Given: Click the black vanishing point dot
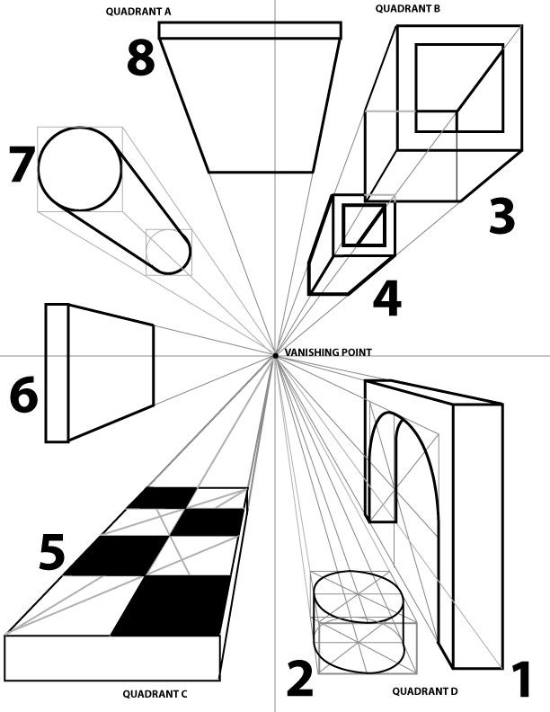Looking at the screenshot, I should point(275,357).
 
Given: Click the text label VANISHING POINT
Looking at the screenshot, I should point(328,352).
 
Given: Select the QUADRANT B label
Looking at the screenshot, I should point(406,8).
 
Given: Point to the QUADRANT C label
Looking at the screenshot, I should point(155,693).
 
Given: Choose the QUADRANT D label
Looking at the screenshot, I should point(425,691).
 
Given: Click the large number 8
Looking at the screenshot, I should point(140,58).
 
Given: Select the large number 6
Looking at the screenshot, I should point(23,396).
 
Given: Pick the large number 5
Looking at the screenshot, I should point(52,554).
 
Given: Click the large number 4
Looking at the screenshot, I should point(386,299).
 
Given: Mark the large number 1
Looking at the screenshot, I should point(521,680).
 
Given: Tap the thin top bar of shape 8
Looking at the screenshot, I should point(250,31).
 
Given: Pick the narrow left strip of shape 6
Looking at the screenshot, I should point(57,372).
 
